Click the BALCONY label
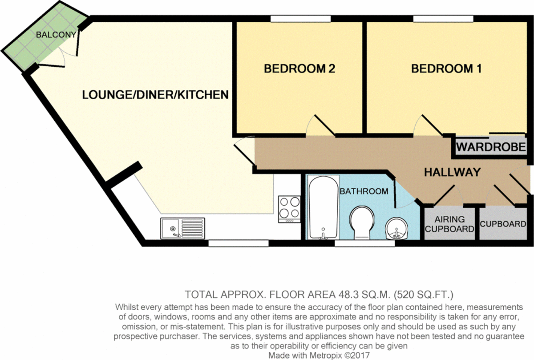click(x=56, y=34)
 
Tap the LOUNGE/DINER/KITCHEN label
click(x=155, y=94)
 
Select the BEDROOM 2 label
click(x=299, y=69)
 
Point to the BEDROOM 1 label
click(x=446, y=69)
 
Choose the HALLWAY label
click(x=452, y=172)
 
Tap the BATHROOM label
click(x=364, y=191)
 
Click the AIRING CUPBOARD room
click(x=449, y=224)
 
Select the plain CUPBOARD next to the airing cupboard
click(x=503, y=224)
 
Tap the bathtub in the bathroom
click(x=322, y=207)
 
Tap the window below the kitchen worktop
click(x=239, y=243)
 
